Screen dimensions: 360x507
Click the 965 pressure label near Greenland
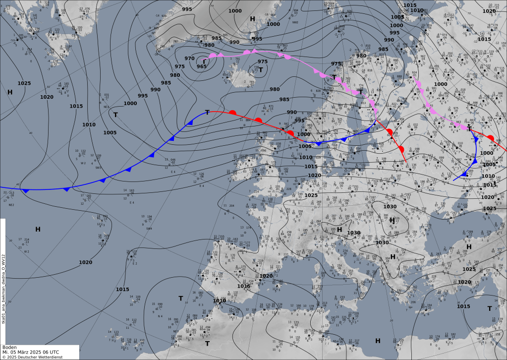pos(202,66)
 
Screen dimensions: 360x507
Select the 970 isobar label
pos(190,59)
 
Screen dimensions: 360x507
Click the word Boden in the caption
pos(9,348)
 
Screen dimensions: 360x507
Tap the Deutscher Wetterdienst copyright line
pos(34,357)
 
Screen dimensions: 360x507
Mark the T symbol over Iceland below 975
pos(260,70)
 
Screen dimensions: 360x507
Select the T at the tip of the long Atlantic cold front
pos(207,112)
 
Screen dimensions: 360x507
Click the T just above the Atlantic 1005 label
pos(115,115)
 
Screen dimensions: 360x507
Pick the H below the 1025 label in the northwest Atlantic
pos(10,92)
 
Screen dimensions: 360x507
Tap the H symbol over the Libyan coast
pos(378,341)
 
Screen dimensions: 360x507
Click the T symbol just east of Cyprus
pos(490,308)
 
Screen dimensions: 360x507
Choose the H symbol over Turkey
pos(469,246)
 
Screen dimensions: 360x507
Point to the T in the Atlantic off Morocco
pos(181,298)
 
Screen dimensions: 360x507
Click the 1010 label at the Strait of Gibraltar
pos(220,300)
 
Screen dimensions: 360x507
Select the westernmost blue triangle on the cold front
pos(26,191)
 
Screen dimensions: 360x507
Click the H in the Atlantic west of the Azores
pos(38,229)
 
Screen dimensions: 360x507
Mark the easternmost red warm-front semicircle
pos(490,138)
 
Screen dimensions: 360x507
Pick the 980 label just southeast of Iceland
pos(275,89)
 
